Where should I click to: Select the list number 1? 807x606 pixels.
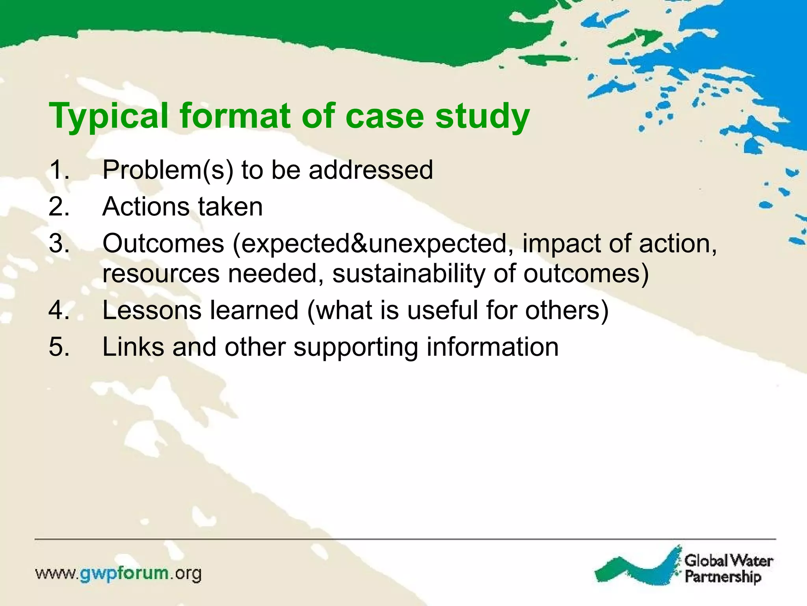59,170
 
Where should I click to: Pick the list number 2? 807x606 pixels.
59,207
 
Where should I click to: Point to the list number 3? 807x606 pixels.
59,243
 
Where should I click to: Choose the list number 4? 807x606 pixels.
59,310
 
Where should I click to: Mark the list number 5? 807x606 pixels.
59,347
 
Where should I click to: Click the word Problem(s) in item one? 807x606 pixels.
168,170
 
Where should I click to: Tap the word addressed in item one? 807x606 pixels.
370,170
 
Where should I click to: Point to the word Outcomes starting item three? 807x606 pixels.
163,243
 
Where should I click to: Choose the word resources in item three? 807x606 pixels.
161,273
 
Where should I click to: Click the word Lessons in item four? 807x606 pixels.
152,310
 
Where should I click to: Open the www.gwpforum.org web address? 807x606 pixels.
118,574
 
